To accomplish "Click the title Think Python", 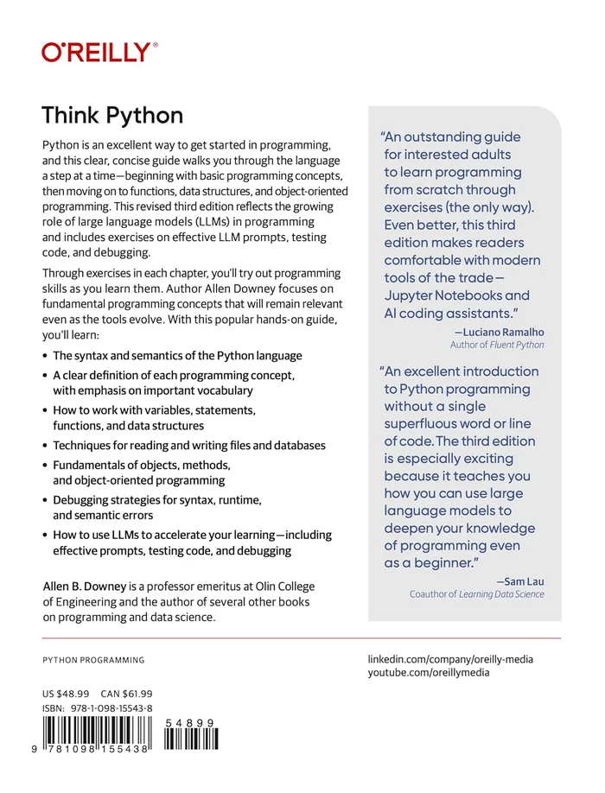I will [112, 116].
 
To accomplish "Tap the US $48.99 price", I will [66, 694].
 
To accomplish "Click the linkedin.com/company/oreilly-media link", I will [450, 659].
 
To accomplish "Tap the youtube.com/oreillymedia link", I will [429, 673].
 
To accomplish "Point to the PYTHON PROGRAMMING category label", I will [93, 660].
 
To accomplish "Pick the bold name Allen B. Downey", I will [80, 587].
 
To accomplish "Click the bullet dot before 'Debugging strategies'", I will [45, 501].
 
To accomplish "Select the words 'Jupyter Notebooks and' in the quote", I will [457, 295].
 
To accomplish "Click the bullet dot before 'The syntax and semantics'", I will [45, 355].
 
